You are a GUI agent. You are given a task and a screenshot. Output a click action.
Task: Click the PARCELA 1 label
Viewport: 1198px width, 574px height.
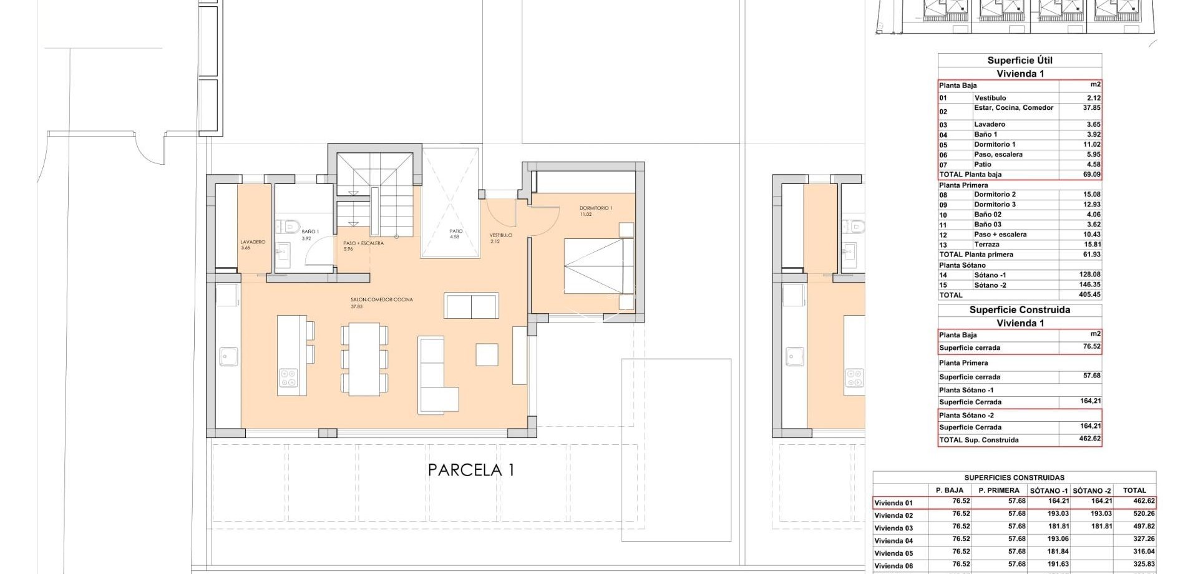pyautogui.click(x=471, y=470)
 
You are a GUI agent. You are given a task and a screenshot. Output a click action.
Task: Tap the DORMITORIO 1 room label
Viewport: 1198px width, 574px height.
pyautogui.click(x=595, y=208)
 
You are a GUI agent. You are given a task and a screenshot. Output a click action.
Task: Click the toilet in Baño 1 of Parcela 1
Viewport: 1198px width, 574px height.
pyautogui.click(x=290, y=225)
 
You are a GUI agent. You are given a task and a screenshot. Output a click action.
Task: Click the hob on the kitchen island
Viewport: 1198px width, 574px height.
pyautogui.click(x=288, y=377)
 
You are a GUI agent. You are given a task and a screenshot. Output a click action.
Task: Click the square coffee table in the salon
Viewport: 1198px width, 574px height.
pyautogui.click(x=487, y=354)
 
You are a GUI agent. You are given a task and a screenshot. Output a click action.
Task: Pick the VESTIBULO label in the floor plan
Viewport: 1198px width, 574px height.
pyautogui.click(x=500, y=236)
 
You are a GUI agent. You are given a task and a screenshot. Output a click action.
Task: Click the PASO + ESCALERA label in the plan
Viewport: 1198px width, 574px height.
pyautogui.click(x=363, y=244)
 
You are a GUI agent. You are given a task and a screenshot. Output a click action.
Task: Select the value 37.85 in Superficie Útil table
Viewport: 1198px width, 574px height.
pyautogui.click(x=1091, y=108)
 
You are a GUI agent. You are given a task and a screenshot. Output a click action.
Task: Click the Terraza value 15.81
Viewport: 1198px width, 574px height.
pyautogui.click(x=1091, y=245)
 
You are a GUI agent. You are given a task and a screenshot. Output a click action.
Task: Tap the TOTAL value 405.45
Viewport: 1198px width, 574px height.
pyautogui.click(x=1089, y=295)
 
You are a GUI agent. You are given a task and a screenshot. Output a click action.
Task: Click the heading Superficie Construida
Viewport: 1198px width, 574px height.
pyautogui.click(x=1020, y=310)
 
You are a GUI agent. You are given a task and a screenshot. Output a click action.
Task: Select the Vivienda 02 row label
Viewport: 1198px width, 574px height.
pyautogui.click(x=894, y=515)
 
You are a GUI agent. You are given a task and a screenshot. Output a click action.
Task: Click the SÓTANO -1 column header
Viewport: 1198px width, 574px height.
pyautogui.click(x=1048, y=490)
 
